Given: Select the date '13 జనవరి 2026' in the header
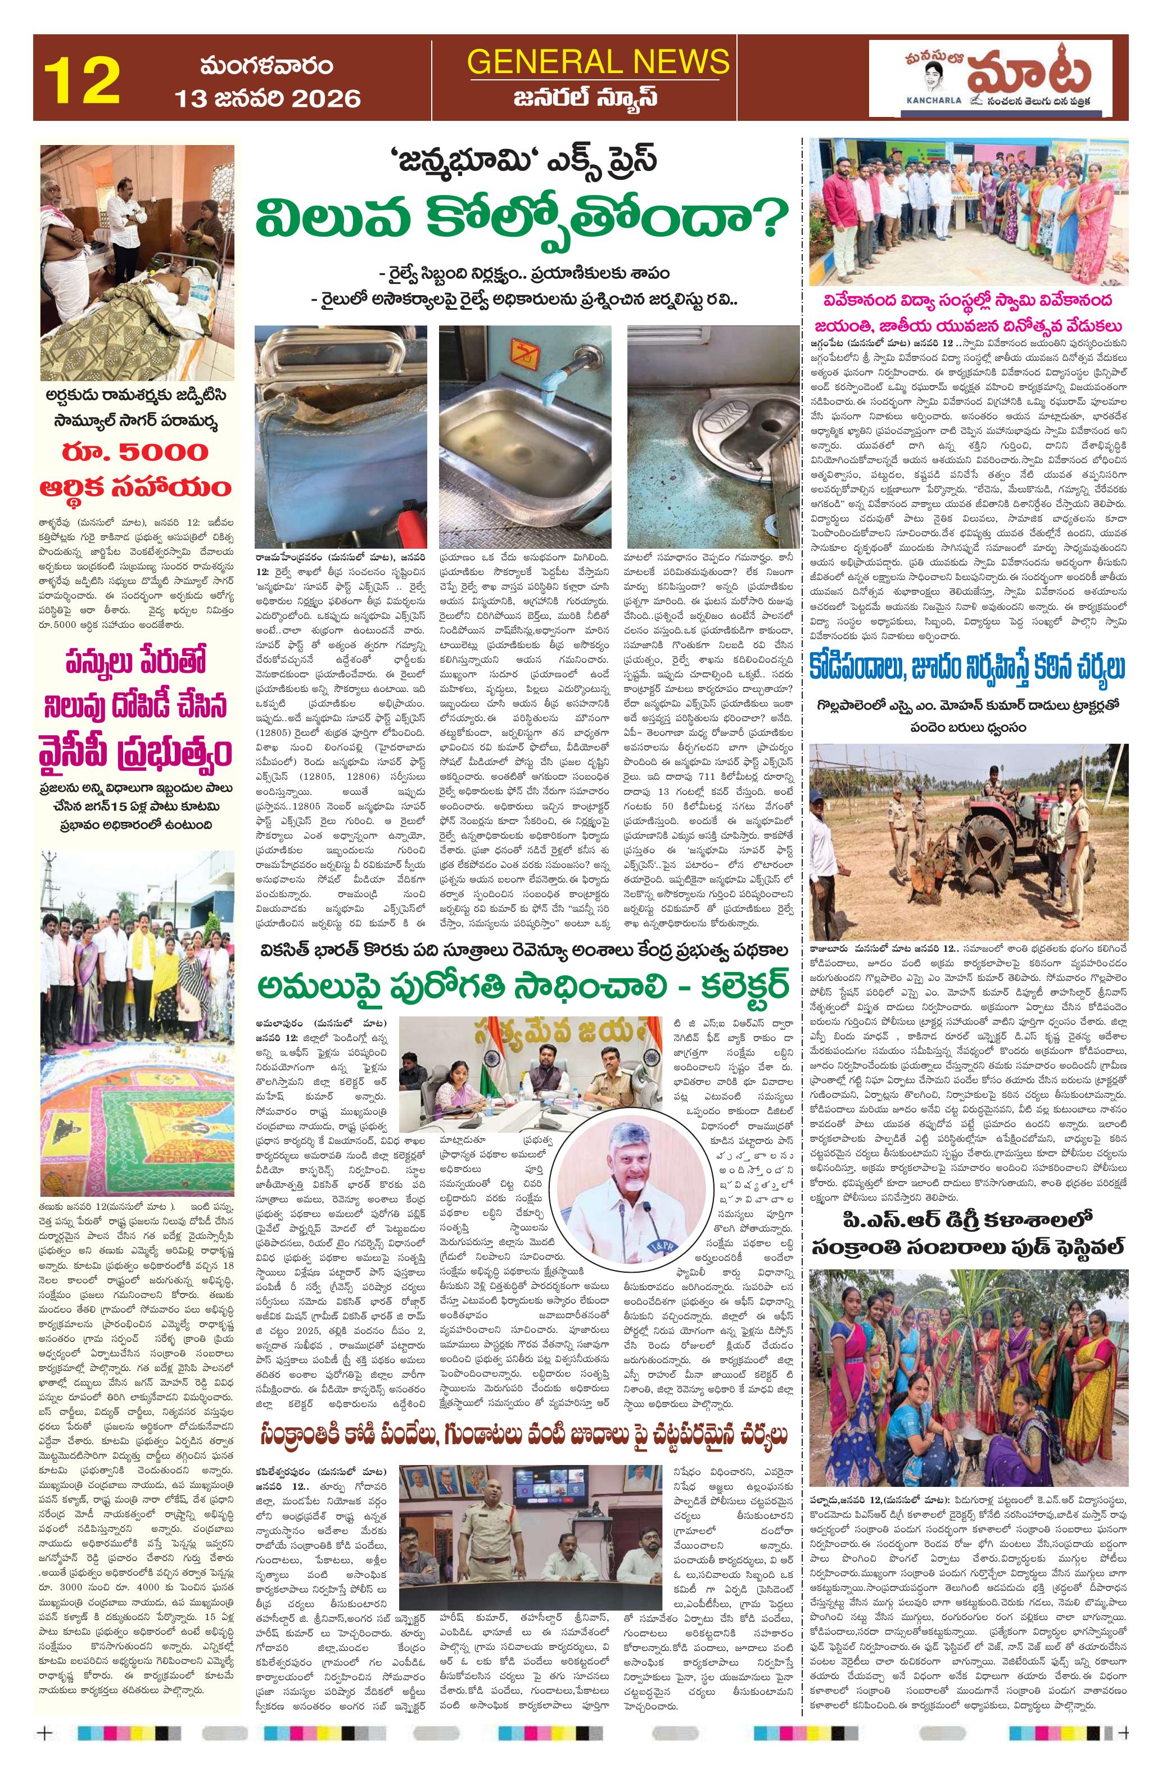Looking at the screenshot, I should [x=268, y=98].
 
